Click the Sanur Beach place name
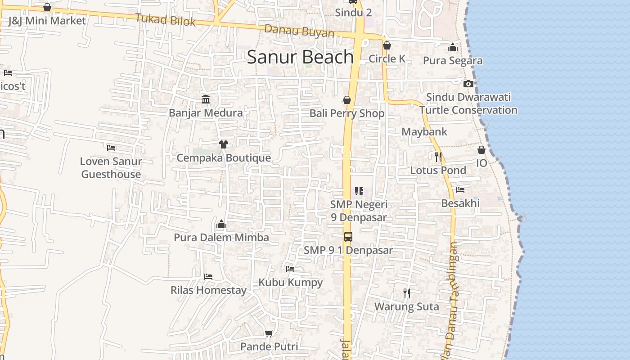point(300,57)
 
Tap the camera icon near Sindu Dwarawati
point(468,84)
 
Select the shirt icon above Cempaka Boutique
point(223,144)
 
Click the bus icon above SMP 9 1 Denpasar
point(348,236)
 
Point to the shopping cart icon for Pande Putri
point(269,333)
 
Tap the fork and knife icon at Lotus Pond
point(438,157)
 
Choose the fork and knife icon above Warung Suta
point(407,293)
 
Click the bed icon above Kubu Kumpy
point(290,269)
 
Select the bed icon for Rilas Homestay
point(208,276)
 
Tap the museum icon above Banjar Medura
point(206,99)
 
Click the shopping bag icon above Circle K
point(387,45)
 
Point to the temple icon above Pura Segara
point(453,47)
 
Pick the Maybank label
point(424,132)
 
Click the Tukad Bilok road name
point(166,20)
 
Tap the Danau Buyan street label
point(299,31)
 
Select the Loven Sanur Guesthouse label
point(111,167)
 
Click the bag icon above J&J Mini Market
point(47,7)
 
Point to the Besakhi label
point(460,203)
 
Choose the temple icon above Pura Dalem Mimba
point(221,224)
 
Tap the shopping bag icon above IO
point(481,149)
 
